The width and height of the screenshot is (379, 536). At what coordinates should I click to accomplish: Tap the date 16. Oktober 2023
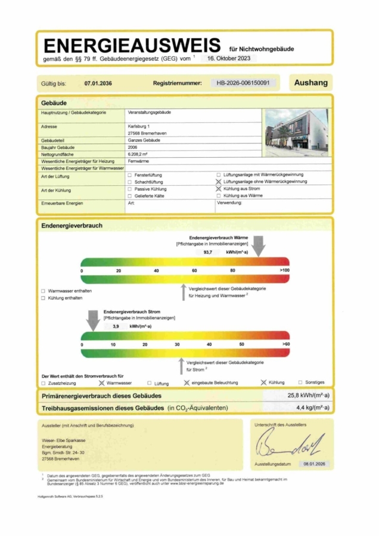point(229,59)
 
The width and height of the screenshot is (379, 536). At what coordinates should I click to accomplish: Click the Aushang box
point(310,83)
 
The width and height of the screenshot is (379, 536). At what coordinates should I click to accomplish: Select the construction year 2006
point(133,147)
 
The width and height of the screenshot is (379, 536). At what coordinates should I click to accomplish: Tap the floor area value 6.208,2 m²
point(137,154)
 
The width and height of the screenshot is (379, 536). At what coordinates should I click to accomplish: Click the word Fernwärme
point(136,161)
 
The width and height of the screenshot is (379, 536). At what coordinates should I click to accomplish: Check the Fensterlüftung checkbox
point(130,175)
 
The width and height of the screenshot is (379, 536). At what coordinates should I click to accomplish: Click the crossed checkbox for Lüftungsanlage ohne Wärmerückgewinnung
point(219,182)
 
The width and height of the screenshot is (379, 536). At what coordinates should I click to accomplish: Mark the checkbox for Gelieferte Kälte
point(130,195)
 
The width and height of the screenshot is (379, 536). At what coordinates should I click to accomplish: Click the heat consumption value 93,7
point(208,252)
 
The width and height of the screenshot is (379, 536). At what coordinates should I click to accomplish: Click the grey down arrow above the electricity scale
point(93,320)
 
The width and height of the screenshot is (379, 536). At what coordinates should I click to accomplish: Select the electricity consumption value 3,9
point(116,326)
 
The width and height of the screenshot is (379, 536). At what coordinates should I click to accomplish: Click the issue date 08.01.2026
point(313,463)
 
